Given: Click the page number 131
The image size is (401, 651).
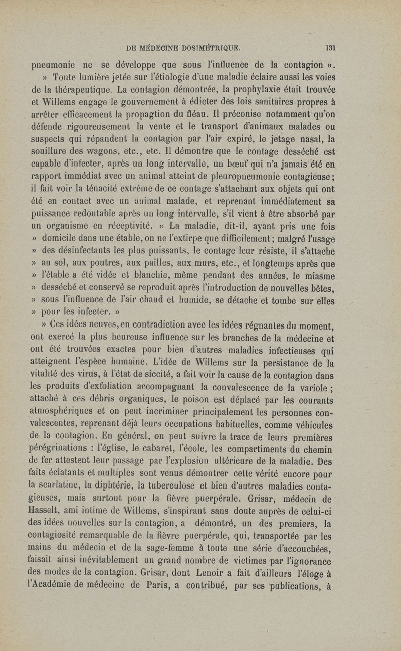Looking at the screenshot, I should (x=330, y=49).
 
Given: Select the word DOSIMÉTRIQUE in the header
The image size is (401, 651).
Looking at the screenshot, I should (x=208, y=49).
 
